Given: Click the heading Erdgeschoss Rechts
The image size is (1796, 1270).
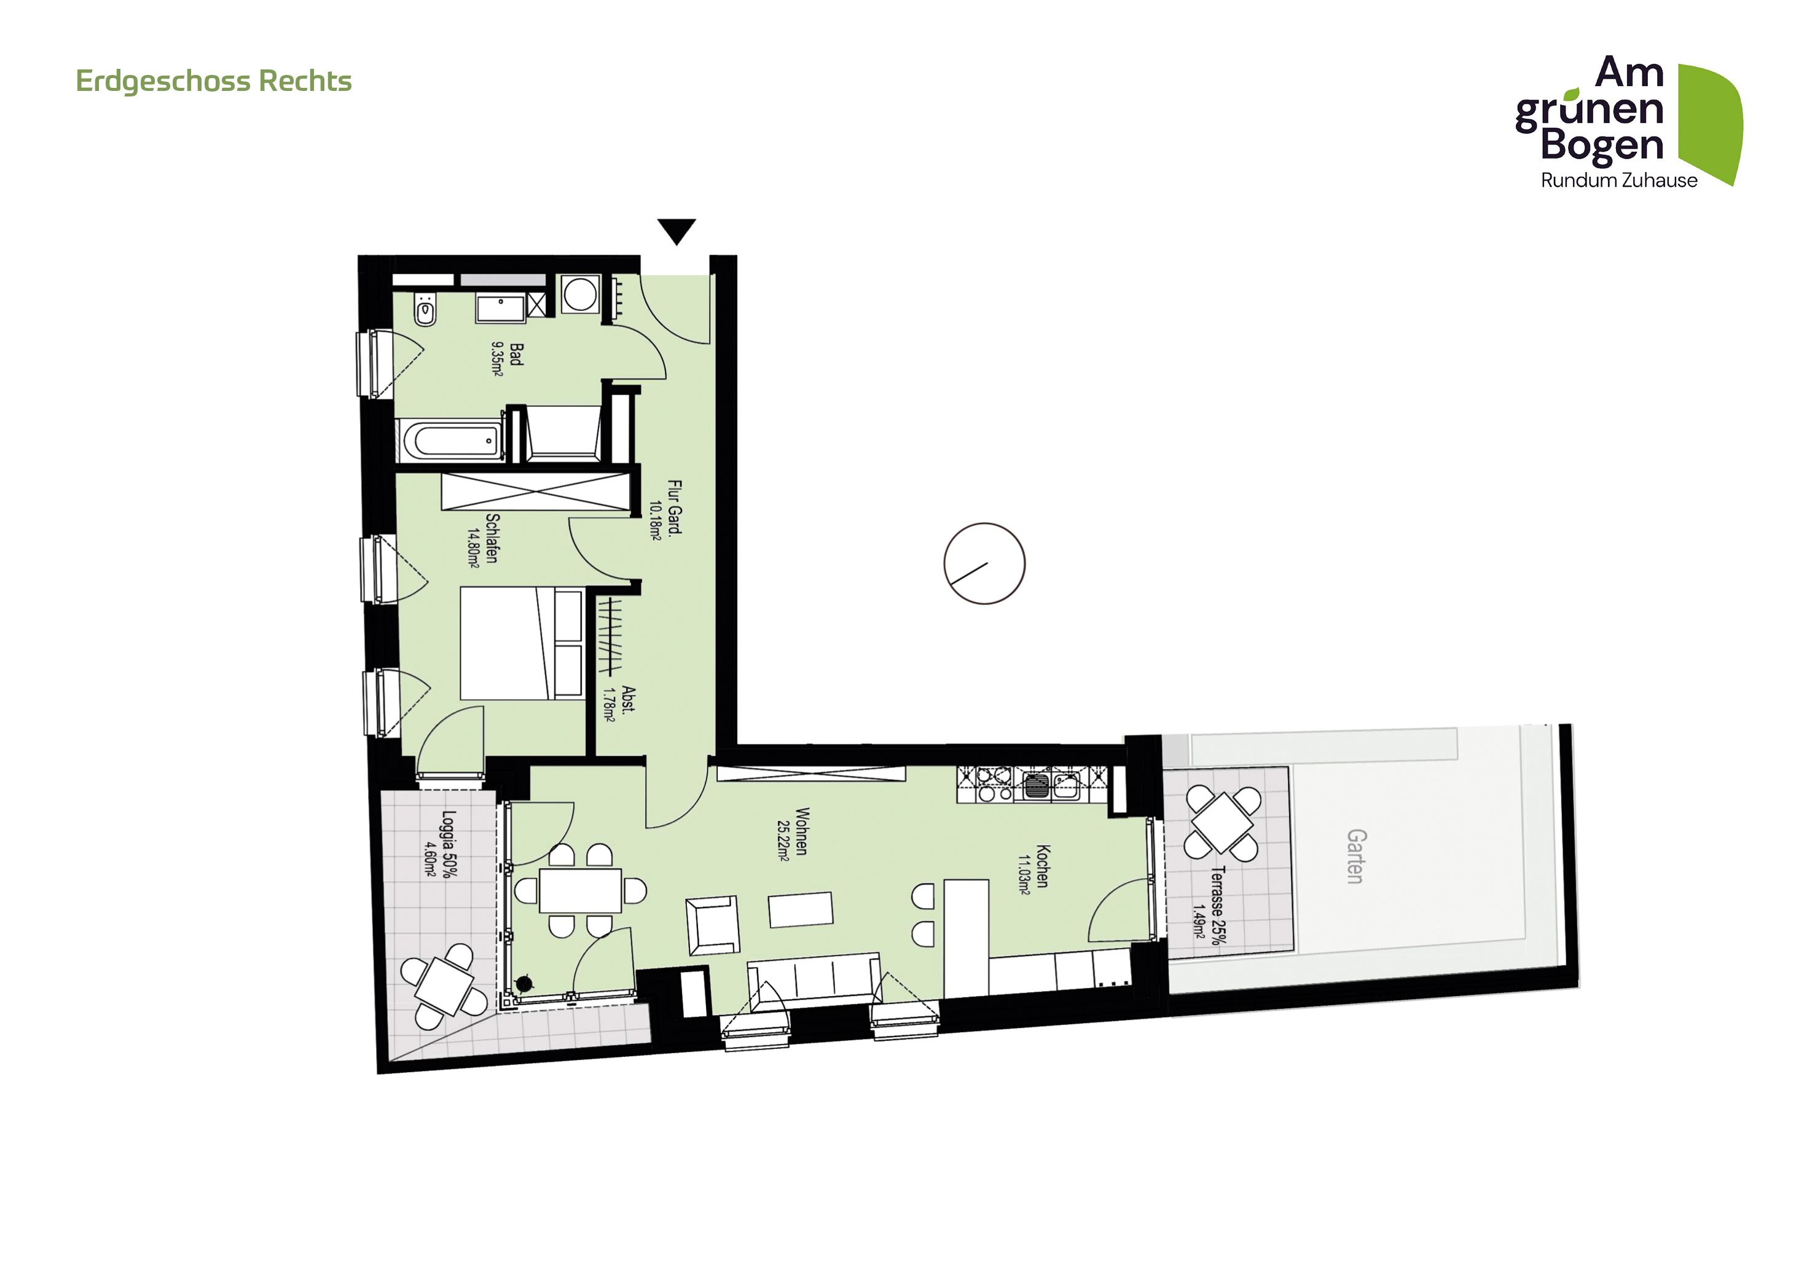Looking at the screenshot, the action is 214,81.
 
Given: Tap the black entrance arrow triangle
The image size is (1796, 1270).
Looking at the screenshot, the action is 676,230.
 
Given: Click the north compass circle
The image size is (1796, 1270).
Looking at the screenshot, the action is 984,563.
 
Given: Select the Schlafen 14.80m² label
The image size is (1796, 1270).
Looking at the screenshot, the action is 482,539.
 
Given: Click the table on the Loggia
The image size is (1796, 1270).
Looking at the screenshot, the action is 444,986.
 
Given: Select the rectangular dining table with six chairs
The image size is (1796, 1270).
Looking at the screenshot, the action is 581,890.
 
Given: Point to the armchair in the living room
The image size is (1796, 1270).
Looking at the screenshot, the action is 713,925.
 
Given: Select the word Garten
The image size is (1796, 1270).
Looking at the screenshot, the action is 1355,856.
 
